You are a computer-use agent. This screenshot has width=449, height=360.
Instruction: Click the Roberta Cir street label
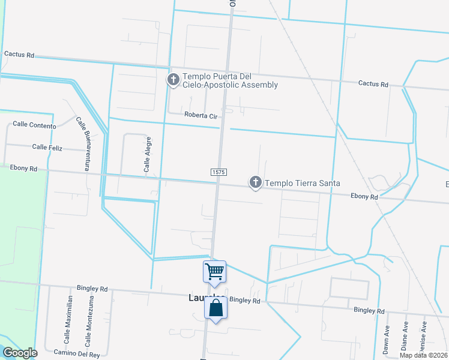[200, 115]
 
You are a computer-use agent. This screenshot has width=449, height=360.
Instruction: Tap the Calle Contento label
[34, 125]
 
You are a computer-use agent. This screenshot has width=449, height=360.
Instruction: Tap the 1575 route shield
[218, 172]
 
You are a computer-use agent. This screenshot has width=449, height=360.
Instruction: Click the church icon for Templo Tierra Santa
[256, 182]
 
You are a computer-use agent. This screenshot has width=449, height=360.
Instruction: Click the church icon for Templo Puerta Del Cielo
[173, 79]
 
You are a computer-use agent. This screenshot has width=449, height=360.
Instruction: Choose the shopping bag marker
[216, 308]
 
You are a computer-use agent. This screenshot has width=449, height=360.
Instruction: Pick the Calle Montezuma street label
[88, 322]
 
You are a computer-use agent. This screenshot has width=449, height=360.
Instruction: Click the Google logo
[20, 353]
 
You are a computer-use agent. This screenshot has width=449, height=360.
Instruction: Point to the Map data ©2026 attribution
[423, 355]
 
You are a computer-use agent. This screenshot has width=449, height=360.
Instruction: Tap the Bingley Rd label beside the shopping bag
[245, 300]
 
